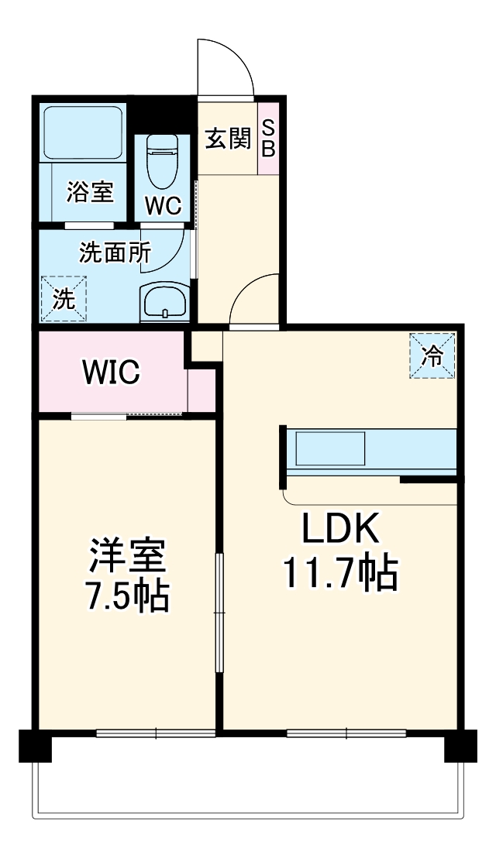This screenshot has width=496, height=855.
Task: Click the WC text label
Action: tap(164, 207)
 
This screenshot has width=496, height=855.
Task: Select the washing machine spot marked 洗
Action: tap(64, 297)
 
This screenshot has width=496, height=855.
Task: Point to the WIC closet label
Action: tap(112, 373)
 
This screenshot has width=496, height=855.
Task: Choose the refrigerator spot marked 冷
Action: tap(431, 355)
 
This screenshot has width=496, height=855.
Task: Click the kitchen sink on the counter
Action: tap(330, 449)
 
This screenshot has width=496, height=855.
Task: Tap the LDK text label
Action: tap(339, 531)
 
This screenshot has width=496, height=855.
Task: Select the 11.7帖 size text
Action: tap(339, 574)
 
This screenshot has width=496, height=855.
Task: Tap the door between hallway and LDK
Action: tap(253, 302)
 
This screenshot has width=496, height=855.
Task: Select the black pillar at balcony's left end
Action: tap(34, 746)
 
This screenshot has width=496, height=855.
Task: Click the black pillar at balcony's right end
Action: tap(460, 746)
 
